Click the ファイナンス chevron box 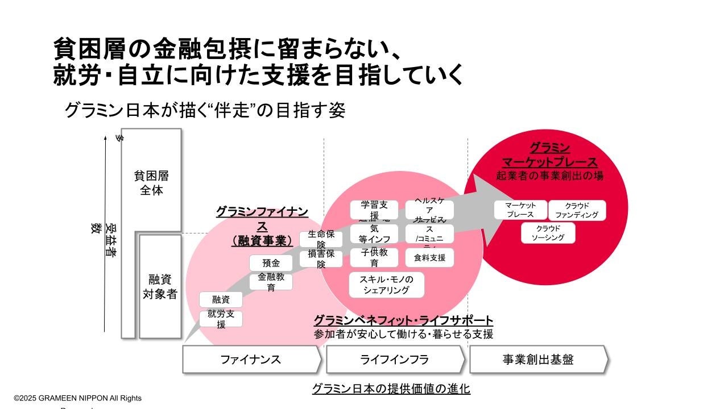coord(251,360)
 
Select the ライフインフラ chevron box coord(395,360)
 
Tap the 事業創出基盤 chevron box coord(537,360)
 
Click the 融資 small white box coord(221,299)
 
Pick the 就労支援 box coord(221,319)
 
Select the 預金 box coord(271,263)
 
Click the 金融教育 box coord(271,282)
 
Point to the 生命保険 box coord(321,239)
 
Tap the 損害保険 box coord(321,258)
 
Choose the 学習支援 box coord(374,210)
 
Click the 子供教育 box coord(374,257)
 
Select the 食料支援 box coord(429,257)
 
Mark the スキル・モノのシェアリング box coord(386,285)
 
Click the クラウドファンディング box coord(577,210)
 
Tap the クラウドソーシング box coord(548,233)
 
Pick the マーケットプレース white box coord(520,210)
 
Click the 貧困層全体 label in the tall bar coord(151,183)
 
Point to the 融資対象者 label coord(159,287)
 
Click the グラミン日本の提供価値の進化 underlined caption coord(391,389)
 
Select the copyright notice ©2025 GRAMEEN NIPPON coord(78,398)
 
